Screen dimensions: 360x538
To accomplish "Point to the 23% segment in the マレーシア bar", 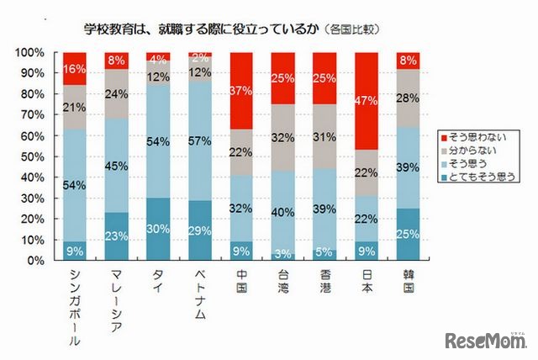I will [116, 236].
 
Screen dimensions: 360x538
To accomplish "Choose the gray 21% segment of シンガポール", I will [74, 107].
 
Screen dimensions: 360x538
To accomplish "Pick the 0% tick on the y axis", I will [34, 261].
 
